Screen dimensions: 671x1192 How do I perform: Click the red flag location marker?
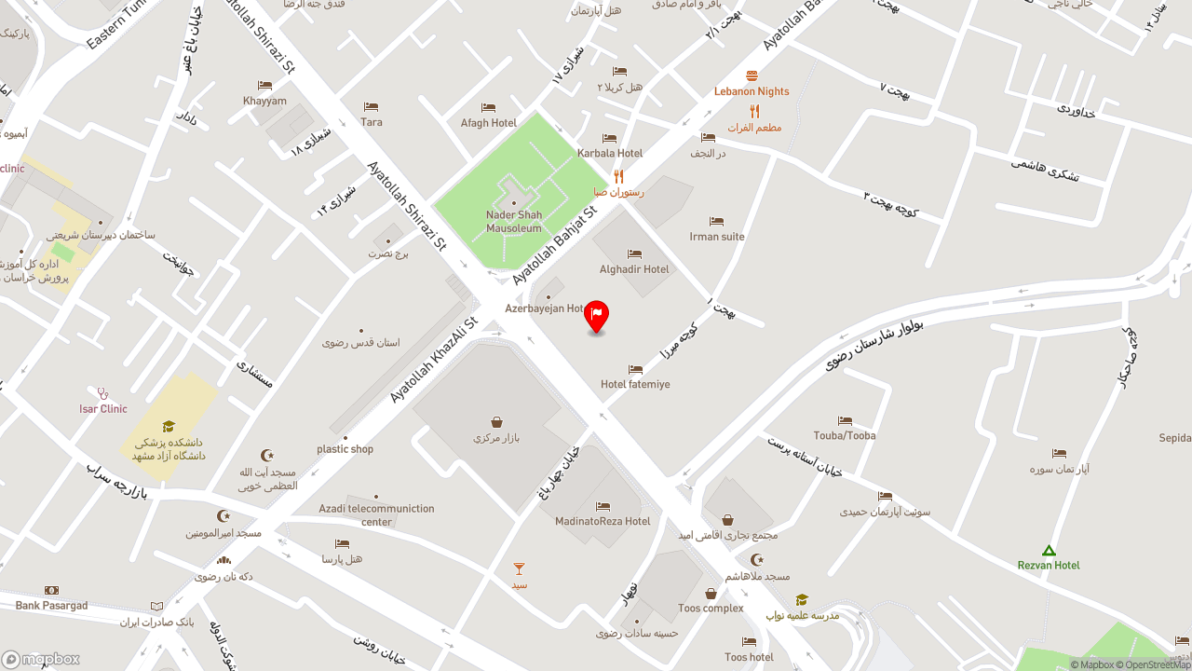(x=596, y=315)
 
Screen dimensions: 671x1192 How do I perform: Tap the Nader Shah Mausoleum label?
(x=514, y=222)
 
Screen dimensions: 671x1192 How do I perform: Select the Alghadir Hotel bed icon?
(x=634, y=254)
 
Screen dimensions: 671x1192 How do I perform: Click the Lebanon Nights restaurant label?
(x=752, y=91)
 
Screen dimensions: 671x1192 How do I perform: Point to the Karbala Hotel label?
(x=610, y=153)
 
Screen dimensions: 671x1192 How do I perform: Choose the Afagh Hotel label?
(x=489, y=123)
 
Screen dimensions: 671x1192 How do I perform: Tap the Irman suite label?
(x=717, y=237)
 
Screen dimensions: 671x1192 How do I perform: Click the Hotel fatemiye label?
(x=635, y=384)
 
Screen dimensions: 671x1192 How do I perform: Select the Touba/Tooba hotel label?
(x=845, y=435)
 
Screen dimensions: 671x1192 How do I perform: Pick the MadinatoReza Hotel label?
(x=603, y=521)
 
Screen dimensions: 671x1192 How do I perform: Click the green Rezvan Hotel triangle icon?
(x=1049, y=551)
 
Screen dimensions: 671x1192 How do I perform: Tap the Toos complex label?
(x=711, y=609)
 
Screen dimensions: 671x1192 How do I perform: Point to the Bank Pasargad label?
(x=51, y=606)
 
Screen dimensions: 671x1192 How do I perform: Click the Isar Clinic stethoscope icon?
(x=103, y=394)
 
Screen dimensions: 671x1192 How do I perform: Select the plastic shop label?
(x=345, y=449)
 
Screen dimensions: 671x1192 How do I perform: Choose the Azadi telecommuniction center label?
(x=376, y=515)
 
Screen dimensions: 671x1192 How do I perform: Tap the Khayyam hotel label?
(x=265, y=101)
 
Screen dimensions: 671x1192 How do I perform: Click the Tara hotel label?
(x=372, y=122)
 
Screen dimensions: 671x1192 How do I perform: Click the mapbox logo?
(x=40, y=659)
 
